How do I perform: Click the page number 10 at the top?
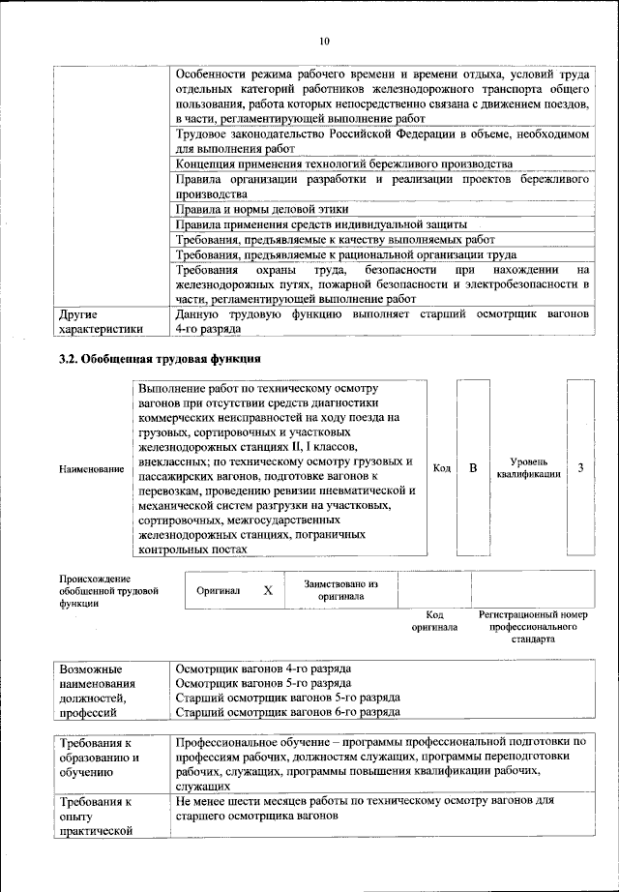323,41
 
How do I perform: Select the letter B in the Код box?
474,468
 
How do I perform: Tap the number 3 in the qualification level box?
579,468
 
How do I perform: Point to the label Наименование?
92,469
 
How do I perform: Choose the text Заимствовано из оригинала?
340,590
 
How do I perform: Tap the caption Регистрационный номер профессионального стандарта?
533,627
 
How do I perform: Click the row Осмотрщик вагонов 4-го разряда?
263,669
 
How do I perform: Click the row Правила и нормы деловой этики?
261,209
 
